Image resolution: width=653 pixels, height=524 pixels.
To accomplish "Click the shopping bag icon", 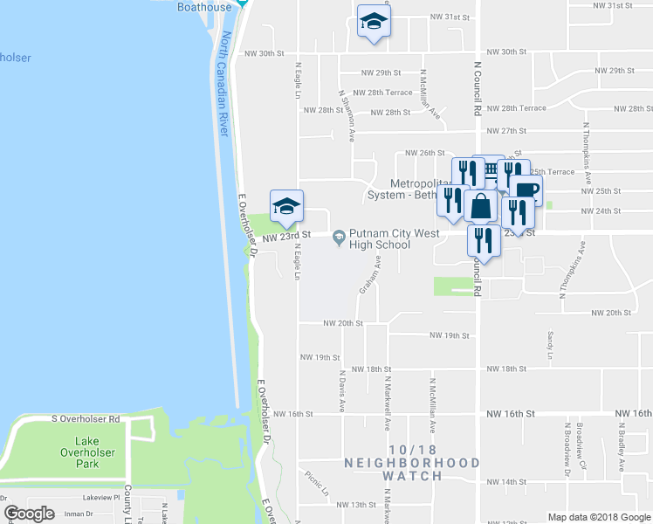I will pos(481,206).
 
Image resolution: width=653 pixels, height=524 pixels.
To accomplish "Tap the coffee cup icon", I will pos(526,190).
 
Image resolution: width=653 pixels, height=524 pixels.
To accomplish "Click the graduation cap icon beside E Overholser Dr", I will pos(286,206).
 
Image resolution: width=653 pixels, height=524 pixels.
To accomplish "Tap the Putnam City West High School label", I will pos(380,238).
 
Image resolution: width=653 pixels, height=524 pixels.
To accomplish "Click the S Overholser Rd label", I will pos(86,420).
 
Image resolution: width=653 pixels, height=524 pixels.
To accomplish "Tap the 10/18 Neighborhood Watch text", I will pos(412,469).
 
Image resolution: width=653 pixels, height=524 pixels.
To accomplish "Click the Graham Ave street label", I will pos(369,274).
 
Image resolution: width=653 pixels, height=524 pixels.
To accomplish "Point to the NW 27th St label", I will pos(507,131).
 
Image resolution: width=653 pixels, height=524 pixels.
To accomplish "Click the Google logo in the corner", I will pos(29,514).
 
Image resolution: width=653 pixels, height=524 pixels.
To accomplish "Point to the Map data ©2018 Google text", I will pos(598,517).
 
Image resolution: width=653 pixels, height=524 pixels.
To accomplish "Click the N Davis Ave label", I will pos(341,391).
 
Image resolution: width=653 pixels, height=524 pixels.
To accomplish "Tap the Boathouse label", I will pos(204,7).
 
